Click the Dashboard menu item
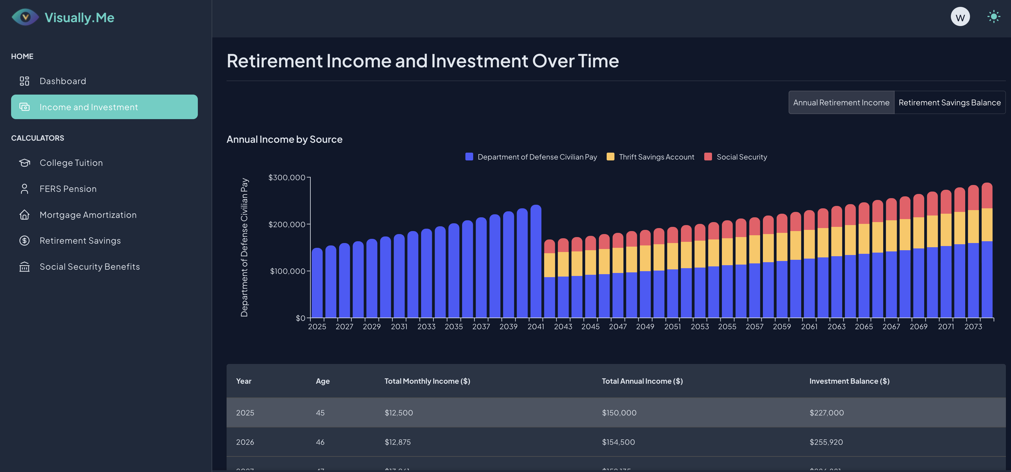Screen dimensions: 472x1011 pyautogui.click(x=63, y=81)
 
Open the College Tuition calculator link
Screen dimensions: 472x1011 pyautogui.click(x=71, y=163)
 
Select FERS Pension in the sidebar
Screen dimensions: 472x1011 pyautogui.click(x=68, y=189)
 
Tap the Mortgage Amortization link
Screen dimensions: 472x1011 pyautogui.click(x=88, y=215)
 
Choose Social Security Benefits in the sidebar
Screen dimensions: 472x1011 pyautogui.click(x=89, y=267)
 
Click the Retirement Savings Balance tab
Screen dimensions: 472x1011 pyautogui.click(x=949, y=103)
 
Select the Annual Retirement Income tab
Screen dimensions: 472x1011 pyautogui.click(x=841, y=103)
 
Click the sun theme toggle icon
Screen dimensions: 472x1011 pyautogui.click(x=993, y=16)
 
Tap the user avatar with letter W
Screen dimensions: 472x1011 pyautogui.click(x=960, y=17)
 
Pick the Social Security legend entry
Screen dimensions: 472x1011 pyautogui.click(x=741, y=157)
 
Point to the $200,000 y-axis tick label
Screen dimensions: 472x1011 pyautogui.click(x=286, y=224)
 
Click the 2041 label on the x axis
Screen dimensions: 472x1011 pyautogui.click(x=535, y=327)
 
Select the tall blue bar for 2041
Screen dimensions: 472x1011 pyautogui.click(x=536, y=263)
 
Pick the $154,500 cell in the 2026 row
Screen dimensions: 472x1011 pyautogui.click(x=618, y=442)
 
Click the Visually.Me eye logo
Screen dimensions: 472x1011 pyautogui.click(x=25, y=17)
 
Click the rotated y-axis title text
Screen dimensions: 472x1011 pyautogui.click(x=244, y=247)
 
